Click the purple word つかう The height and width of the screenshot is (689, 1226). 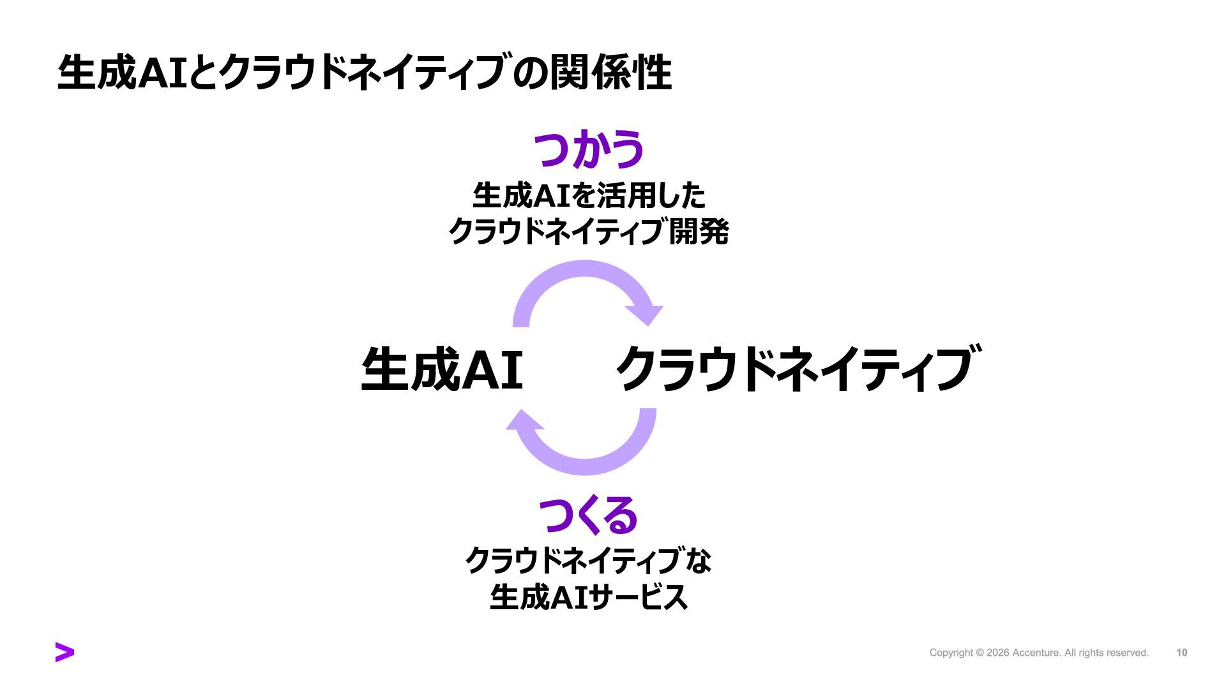pos(588,149)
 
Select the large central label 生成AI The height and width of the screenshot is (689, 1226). pos(442,369)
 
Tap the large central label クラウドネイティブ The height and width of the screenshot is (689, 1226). pos(796,369)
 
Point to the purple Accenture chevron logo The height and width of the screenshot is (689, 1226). pos(64,652)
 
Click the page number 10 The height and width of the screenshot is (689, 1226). pos(1181,653)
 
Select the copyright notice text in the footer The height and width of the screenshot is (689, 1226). pos(1038,653)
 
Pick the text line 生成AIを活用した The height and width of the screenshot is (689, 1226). pos(588,195)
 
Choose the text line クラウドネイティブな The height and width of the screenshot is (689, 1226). pos(588,561)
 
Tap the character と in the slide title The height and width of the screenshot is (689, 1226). pos(201,73)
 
